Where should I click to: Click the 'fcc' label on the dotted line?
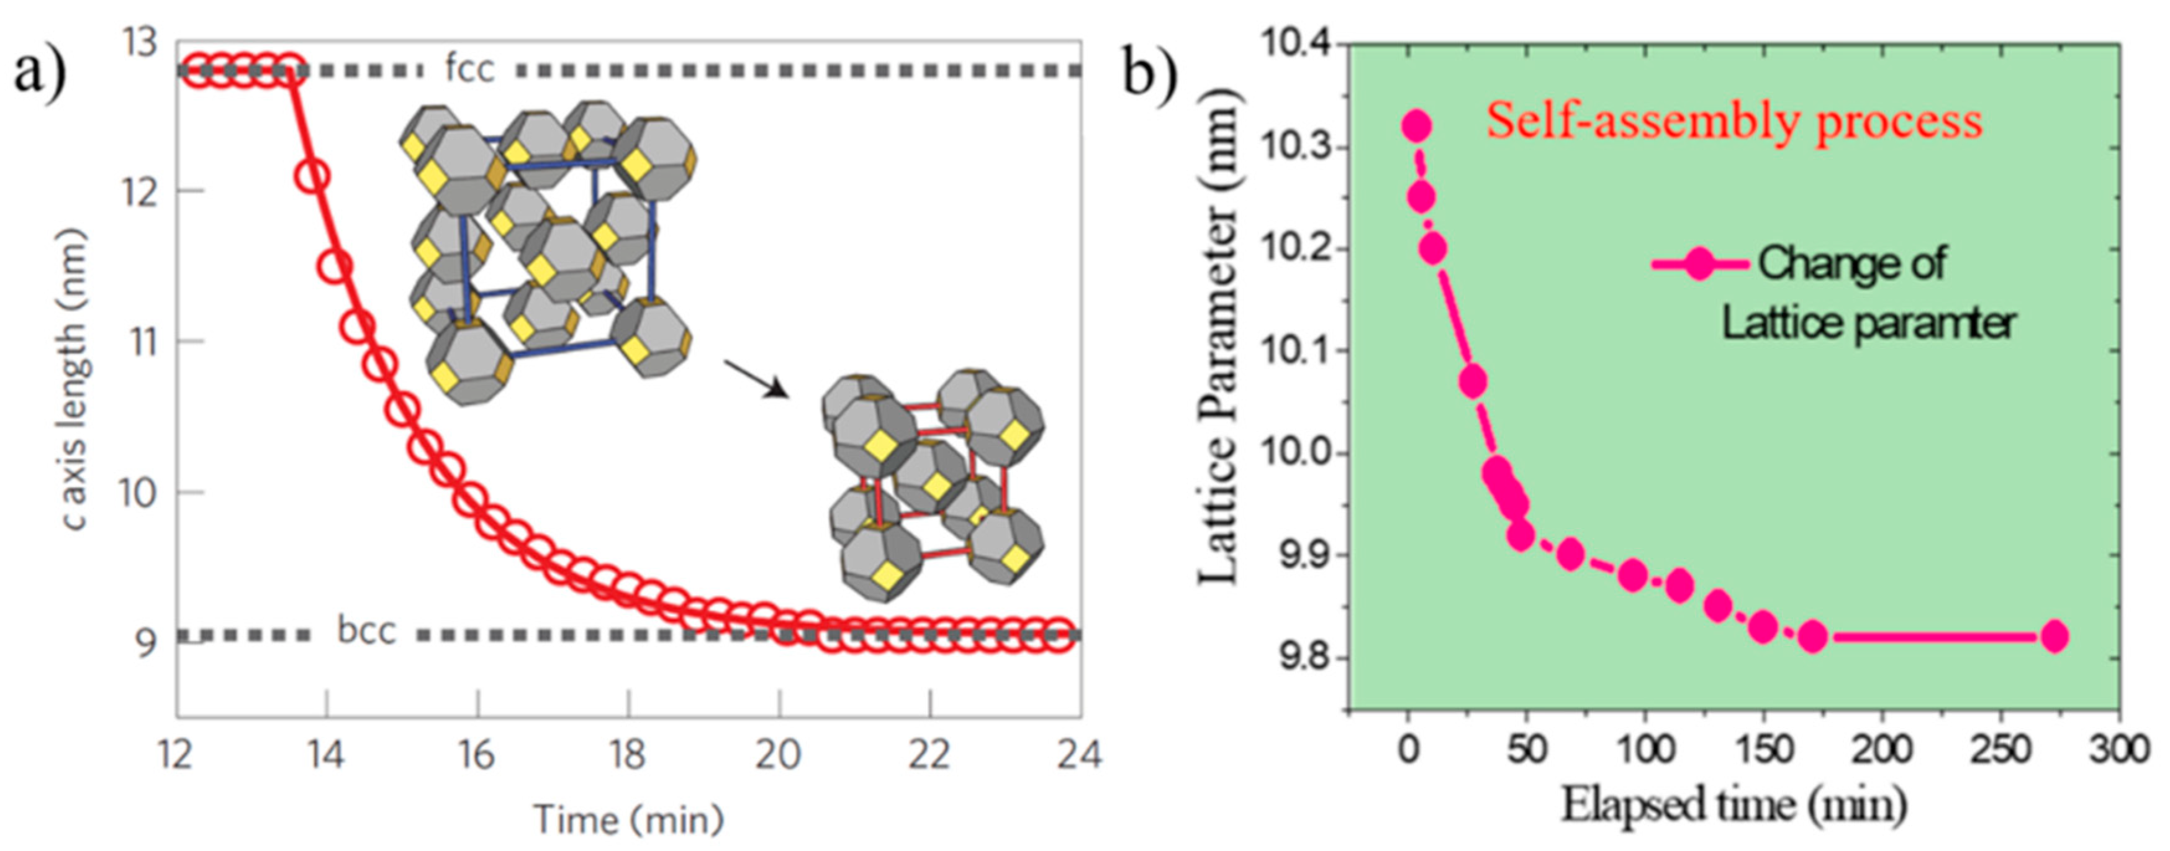(x=469, y=69)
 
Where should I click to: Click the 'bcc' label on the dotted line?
(x=366, y=631)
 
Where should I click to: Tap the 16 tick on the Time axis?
(x=477, y=754)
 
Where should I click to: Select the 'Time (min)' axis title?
(x=628, y=819)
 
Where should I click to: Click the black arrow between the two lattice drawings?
(x=756, y=379)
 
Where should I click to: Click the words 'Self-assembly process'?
(x=1734, y=121)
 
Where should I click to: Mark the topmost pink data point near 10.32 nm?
(x=1417, y=126)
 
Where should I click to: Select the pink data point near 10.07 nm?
(x=1473, y=383)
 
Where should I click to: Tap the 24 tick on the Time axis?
(x=1079, y=754)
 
